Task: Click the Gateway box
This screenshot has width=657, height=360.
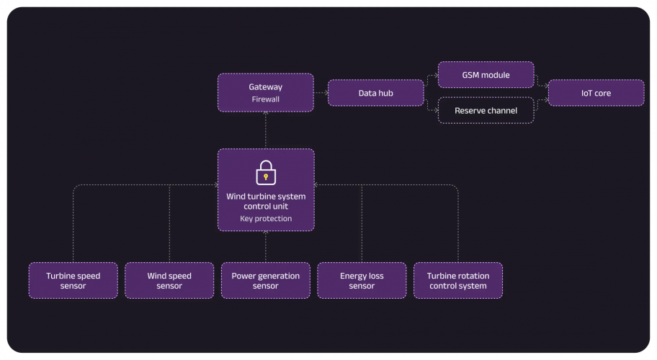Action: pos(266,92)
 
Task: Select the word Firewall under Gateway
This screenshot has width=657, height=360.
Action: pos(266,99)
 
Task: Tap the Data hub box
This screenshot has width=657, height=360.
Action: pos(375,93)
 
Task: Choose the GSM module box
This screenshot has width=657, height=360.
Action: pos(486,75)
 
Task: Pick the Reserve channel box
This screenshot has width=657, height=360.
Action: pos(486,110)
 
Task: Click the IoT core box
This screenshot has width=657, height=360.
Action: pos(595,93)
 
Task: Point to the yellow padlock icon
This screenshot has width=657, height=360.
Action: pos(266,173)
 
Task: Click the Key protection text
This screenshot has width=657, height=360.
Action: pos(266,218)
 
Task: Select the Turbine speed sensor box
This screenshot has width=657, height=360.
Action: pos(73,281)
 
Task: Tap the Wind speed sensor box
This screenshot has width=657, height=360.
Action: pos(169,281)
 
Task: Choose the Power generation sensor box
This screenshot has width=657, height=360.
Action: pos(266,281)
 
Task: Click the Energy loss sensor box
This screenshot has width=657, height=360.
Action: pos(362,281)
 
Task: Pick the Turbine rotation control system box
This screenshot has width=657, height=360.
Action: pos(457,281)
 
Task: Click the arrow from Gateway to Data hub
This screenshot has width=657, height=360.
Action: pos(321,93)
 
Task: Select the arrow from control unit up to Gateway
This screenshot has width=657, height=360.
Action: pos(266,130)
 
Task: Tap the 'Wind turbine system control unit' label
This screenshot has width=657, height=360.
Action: pos(266,200)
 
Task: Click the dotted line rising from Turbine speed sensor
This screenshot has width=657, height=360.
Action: pos(73,223)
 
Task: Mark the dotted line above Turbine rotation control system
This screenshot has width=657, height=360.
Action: pos(457,223)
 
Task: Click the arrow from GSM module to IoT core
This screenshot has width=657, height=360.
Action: pos(540,79)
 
